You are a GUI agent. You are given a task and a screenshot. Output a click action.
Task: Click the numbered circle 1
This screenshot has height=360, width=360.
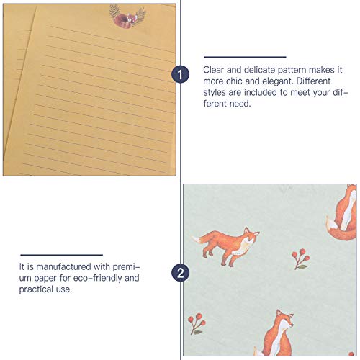(x=180, y=74)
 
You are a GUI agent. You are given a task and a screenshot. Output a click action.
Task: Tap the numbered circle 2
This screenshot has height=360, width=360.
(x=180, y=273)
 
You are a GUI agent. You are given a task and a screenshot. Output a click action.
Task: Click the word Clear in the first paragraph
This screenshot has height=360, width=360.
(x=215, y=70)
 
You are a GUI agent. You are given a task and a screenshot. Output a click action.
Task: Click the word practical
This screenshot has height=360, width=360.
(x=36, y=289)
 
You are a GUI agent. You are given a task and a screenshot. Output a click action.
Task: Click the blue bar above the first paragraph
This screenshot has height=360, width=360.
(x=245, y=57)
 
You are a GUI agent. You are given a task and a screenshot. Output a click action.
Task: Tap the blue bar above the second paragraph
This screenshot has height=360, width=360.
(x=61, y=254)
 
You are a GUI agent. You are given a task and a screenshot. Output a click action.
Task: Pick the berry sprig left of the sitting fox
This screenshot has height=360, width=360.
(x=196, y=323)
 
